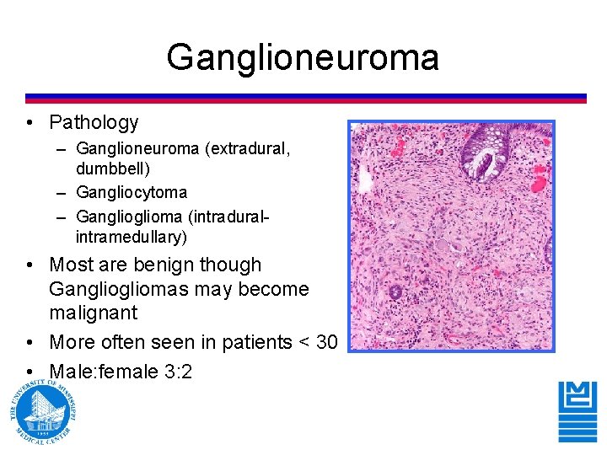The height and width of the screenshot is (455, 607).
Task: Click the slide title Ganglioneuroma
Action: (x=303, y=57)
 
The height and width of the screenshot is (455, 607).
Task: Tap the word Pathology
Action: (x=94, y=123)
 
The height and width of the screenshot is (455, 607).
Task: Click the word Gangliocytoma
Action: (x=132, y=193)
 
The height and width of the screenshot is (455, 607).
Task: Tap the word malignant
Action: (x=94, y=313)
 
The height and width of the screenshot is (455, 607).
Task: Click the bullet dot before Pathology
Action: (x=30, y=124)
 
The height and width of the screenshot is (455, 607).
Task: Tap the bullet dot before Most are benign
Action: (x=30, y=265)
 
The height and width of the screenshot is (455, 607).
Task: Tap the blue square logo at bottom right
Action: (x=577, y=411)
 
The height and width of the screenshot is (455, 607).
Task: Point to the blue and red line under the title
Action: (x=305, y=99)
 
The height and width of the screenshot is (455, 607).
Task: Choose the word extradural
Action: (x=250, y=149)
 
